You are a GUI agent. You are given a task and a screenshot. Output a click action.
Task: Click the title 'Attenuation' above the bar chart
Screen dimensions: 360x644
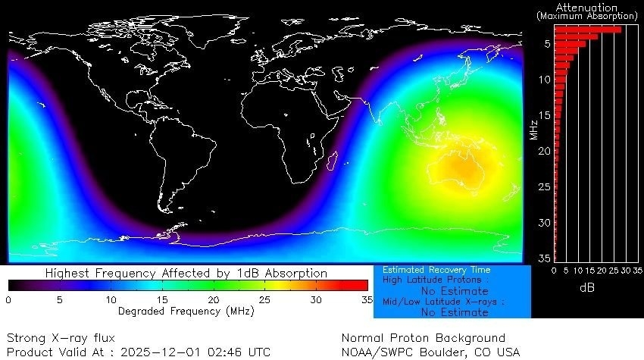coord(587,7)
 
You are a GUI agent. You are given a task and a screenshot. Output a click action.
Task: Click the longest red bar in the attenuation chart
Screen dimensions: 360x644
coord(588,30)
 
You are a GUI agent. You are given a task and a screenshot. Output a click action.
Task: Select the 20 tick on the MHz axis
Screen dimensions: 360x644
coord(545,152)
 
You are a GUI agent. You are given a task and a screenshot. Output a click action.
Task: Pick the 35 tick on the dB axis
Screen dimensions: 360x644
coord(637,271)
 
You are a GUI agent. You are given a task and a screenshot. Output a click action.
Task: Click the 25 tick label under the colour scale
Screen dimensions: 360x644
coord(265,299)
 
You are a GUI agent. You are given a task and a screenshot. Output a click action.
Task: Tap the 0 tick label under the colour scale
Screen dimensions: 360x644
coord(8,299)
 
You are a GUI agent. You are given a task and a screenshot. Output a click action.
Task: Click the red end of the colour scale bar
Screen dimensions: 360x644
coord(362,286)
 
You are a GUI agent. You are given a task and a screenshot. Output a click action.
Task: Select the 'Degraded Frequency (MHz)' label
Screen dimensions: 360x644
coord(186,311)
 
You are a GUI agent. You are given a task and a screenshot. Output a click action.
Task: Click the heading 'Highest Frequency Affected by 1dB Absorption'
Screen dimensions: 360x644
coord(186,273)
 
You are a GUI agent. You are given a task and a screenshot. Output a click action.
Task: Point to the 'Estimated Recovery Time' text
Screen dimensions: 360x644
coord(436,270)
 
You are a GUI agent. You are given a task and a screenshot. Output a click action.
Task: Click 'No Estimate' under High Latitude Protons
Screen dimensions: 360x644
coord(452,290)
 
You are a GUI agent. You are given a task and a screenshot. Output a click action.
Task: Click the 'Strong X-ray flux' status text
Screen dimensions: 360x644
coord(61,338)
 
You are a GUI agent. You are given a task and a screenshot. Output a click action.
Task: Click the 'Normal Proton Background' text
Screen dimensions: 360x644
coord(423,338)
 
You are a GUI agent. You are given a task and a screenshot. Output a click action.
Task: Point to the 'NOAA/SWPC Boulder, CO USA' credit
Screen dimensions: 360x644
coord(430,352)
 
